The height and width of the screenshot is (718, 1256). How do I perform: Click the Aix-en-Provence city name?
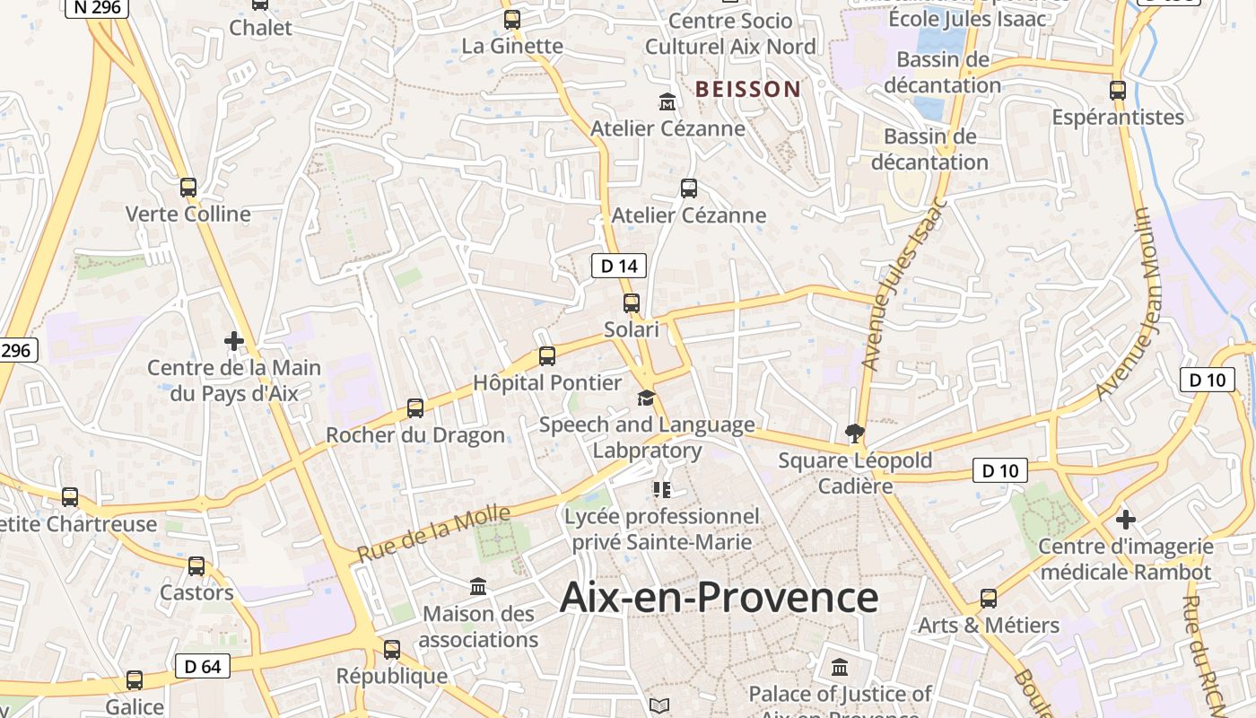point(719,598)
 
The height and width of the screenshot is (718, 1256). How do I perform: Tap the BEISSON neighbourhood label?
point(747,89)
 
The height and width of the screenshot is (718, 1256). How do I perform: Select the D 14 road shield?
point(619,266)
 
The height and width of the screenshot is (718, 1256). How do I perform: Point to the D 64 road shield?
point(202,666)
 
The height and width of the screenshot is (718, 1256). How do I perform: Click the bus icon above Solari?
point(632,303)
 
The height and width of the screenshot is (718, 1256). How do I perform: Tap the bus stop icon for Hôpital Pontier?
point(547,356)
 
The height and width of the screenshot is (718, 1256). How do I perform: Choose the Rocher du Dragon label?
point(414,435)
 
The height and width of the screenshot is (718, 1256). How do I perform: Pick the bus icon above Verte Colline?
point(188,188)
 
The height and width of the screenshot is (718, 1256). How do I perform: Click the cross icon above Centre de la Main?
point(234,341)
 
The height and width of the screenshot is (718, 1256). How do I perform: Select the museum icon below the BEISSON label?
point(667,101)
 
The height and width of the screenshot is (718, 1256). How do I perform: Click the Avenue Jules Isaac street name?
point(903,284)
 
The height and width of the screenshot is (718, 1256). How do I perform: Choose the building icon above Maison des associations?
point(478,587)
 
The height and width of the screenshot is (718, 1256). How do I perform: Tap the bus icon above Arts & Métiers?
point(989,598)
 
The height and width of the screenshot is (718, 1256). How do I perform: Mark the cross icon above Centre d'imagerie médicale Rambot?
point(1126,520)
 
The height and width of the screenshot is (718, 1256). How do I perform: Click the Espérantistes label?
point(1118,117)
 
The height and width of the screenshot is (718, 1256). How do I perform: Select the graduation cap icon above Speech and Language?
point(647,398)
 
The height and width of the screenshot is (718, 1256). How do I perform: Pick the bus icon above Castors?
point(196,566)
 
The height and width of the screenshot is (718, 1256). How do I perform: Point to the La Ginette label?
point(511,45)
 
